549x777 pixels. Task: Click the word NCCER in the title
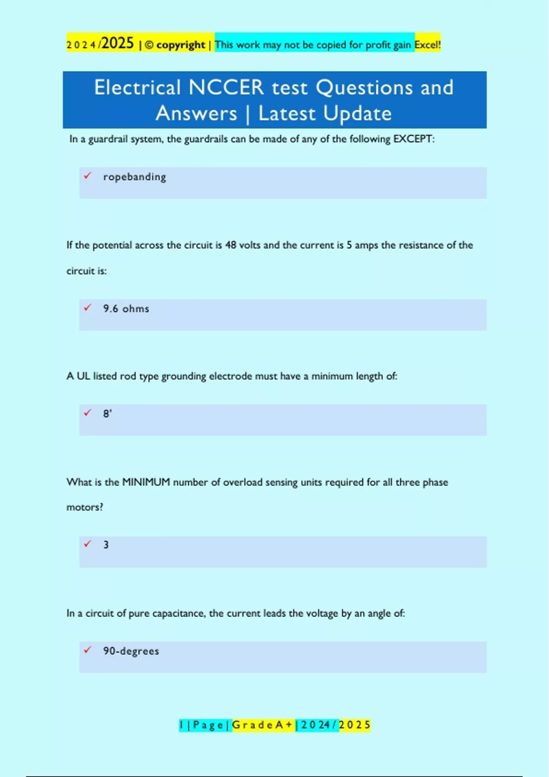click(x=226, y=87)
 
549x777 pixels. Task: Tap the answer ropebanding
click(x=135, y=177)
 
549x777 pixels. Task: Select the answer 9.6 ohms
click(x=126, y=309)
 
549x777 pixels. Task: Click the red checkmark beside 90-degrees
click(x=87, y=649)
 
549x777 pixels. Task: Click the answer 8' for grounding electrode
click(x=108, y=414)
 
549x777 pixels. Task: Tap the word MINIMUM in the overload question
click(x=146, y=482)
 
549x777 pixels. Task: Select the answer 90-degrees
click(x=131, y=651)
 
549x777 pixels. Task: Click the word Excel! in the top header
click(x=427, y=45)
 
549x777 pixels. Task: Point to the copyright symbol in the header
click(x=149, y=45)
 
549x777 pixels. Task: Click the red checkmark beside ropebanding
click(x=87, y=176)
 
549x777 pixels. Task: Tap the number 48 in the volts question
click(x=231, y=245)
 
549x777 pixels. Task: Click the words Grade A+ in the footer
click(x=263, y=725)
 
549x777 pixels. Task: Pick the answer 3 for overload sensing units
click(x=106, y=545)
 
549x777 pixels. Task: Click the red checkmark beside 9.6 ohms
click(x=87, y=308)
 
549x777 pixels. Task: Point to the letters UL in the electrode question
click(x=83, y=376)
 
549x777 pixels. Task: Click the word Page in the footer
click(x=208, y=725)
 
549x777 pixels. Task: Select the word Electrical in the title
click(x=137, y=87)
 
